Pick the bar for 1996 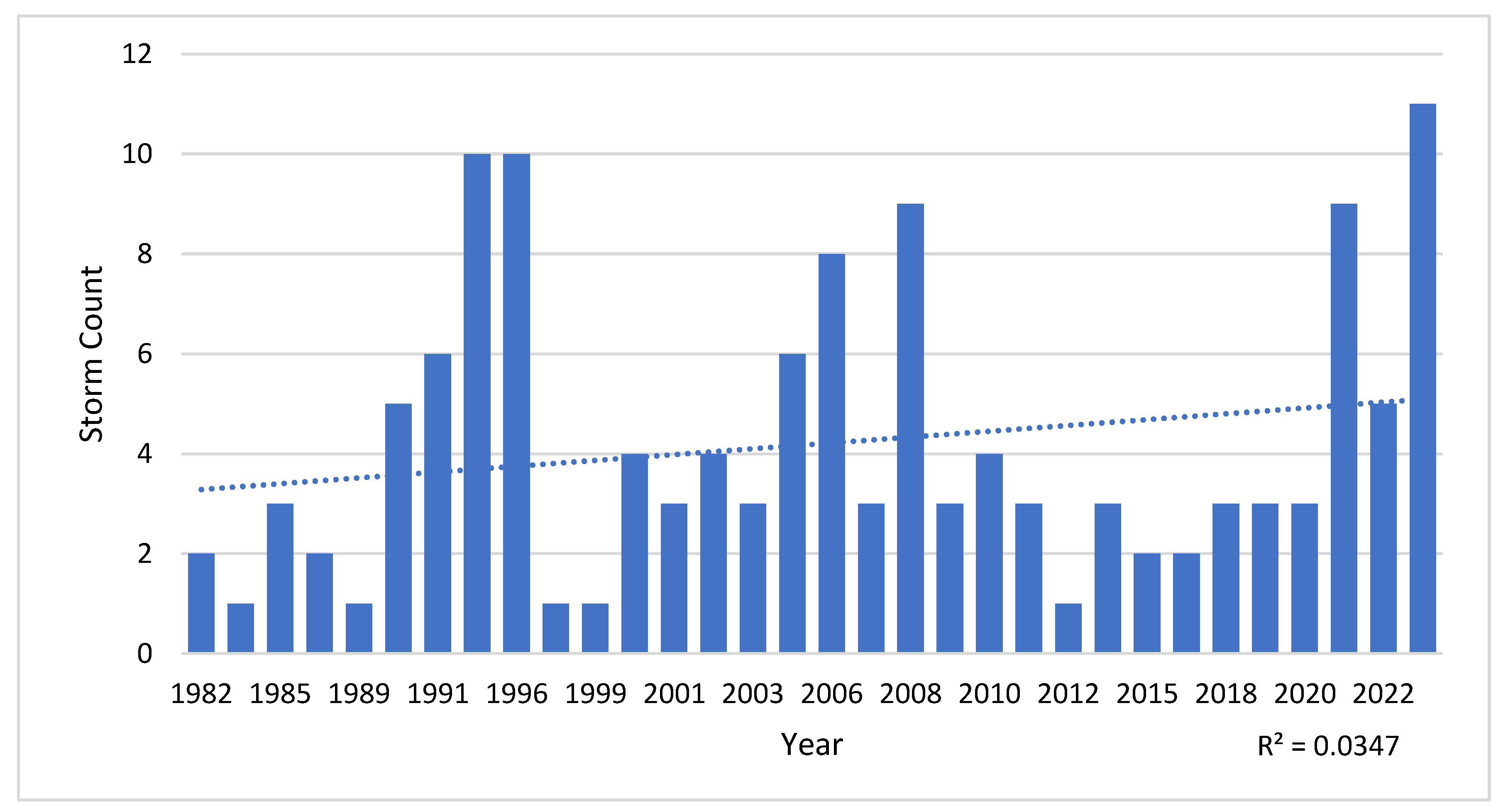[516, 403]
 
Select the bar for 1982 [201, 603]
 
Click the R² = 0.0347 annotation [1328, 746]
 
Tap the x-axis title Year [811, 745]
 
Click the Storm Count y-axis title [91, 353]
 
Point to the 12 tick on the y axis [137, 54]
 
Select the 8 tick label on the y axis [144, 254]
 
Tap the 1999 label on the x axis [595, 694]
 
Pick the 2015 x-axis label [1147, 694]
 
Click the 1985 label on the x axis [280, 694]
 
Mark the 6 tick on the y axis [144, 354]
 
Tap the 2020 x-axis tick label [1304, 694]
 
